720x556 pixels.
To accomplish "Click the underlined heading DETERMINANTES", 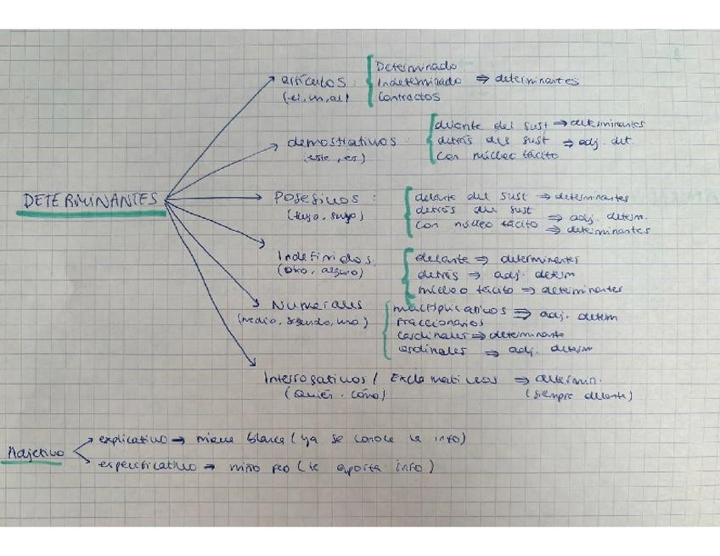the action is coord(90,200).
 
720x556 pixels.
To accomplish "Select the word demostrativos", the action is coord(342,142).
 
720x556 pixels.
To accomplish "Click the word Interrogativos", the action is coord(315,379).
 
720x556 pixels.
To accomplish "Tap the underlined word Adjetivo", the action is coord(37,453).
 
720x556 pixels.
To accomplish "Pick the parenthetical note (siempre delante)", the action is coord(579,395).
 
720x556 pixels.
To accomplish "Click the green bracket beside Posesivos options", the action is coord(408,210).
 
